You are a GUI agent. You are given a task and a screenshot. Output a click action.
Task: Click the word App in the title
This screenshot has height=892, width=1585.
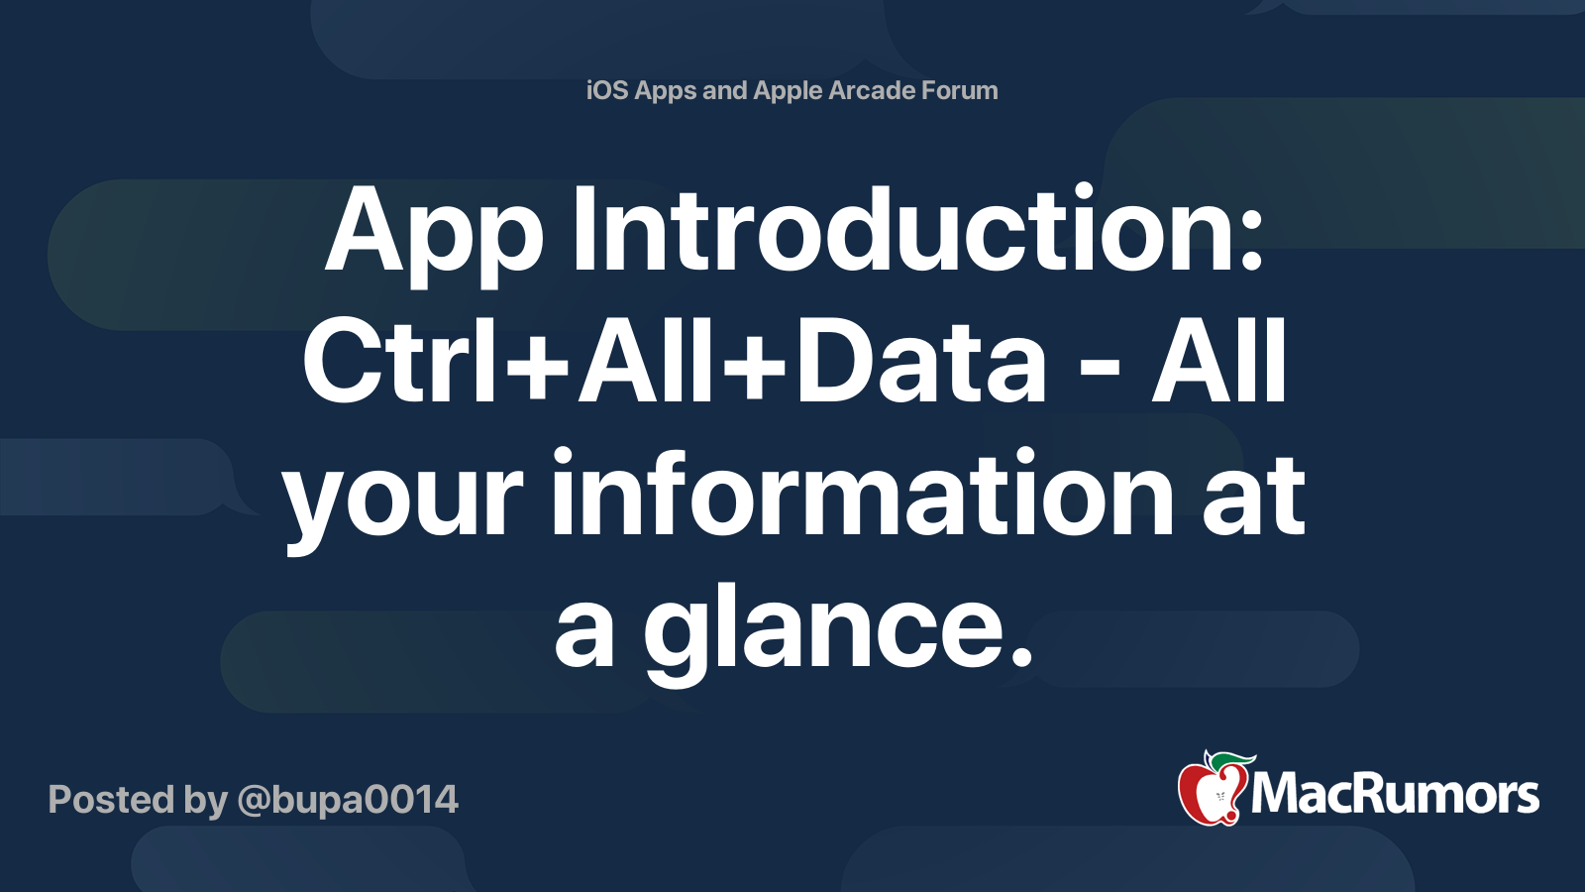point(434,231)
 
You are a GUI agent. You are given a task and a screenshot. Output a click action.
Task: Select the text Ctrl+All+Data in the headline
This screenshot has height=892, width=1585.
point(674,362)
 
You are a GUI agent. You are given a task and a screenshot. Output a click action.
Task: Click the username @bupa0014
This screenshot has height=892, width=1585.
point(348,800)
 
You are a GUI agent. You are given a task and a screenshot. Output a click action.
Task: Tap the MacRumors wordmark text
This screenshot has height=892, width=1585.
point(1395,795)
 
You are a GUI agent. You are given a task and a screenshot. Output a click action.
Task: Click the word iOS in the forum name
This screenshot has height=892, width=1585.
point(607,90)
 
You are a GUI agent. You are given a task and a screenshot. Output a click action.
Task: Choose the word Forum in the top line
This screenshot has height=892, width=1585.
point(960,90)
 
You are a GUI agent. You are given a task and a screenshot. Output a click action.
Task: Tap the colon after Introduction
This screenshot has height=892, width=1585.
point(1252,241)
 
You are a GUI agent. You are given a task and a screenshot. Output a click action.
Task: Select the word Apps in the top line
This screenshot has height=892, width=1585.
point(666,91)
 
